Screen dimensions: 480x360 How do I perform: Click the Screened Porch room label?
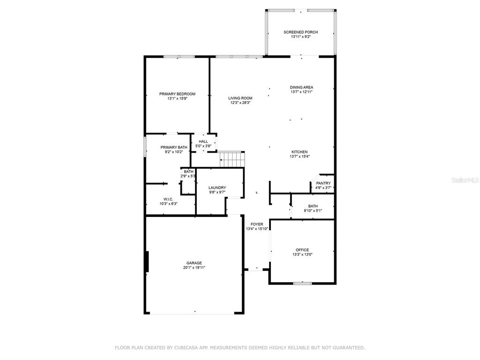coord(300,32)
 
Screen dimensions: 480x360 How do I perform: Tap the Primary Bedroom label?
coord(177,94)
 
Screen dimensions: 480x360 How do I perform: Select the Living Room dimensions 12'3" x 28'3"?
coord(240,103)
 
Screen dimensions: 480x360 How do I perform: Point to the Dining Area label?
coord(301,87)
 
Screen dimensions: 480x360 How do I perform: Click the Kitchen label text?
coord(300,152)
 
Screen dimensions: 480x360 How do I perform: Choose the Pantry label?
coord(323,183)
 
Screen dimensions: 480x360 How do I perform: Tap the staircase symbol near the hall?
coord(232,159)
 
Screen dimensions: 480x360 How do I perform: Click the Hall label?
coord(203,142)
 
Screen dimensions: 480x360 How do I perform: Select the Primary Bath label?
coord(174,147)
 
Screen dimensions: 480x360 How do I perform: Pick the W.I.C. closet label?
coord(168,199)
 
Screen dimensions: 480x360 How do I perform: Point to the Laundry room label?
coord(217,187)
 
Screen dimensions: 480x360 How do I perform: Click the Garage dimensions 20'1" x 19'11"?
coord(194,268)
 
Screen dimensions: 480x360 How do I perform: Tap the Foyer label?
coord(257,225)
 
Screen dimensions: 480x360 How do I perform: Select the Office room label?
coord(302,250)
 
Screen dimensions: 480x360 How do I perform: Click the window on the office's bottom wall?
coord(302,283)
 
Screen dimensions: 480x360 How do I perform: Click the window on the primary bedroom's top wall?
coord(179,57)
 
